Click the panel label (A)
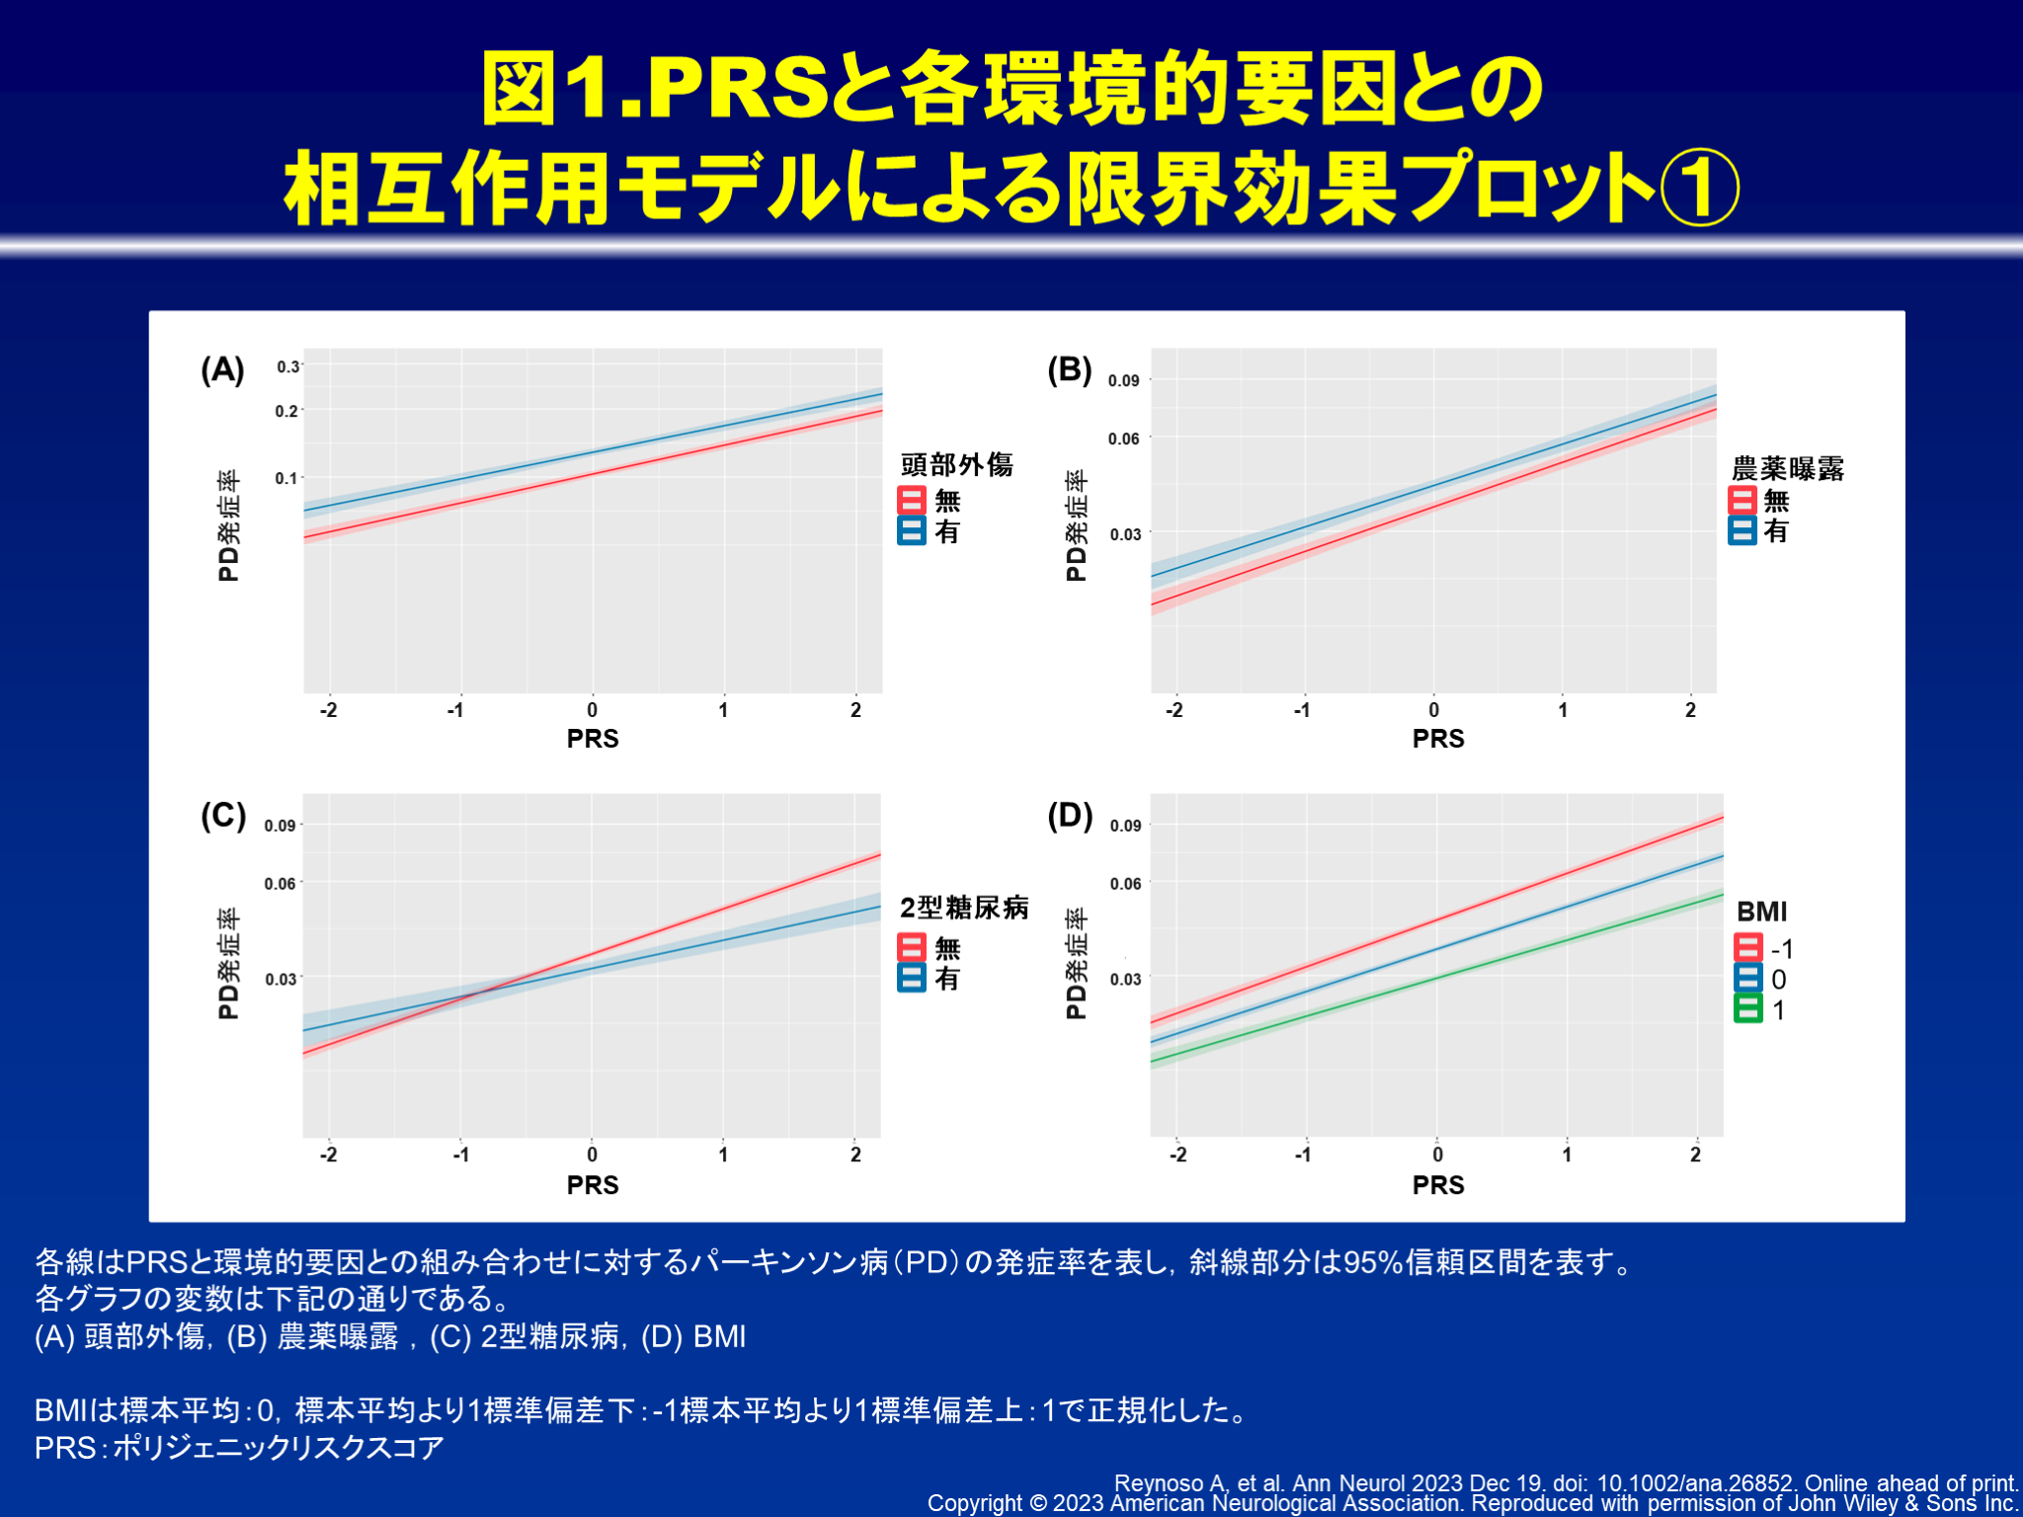(x=222, y=370)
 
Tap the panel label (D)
(x=1070, y=816)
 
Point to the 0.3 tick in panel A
(x=287, y=366)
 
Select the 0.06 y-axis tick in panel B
(x=1123, y=439)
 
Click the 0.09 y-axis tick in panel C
(x=280, y=826)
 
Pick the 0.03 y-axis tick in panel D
(x=1125, y=979)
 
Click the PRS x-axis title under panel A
(x=593, y=739)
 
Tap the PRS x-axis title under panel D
(x=1438, y=1185)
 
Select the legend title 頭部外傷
(x=956, y=465)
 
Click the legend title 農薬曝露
(x=1788, y=468)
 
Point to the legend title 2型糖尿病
(x=964, y=908)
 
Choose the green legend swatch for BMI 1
(x=1747, y=1009)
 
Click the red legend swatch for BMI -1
(x=1747, y=948)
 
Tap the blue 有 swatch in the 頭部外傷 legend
(x=911, y=531)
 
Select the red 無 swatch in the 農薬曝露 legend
(x=1741, y=500)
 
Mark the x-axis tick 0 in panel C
(x=592, y=1155)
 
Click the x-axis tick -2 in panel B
(x=1173, y=710)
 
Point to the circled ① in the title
(x=1699, y=188)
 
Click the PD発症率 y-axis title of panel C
(x=228, y=964)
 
